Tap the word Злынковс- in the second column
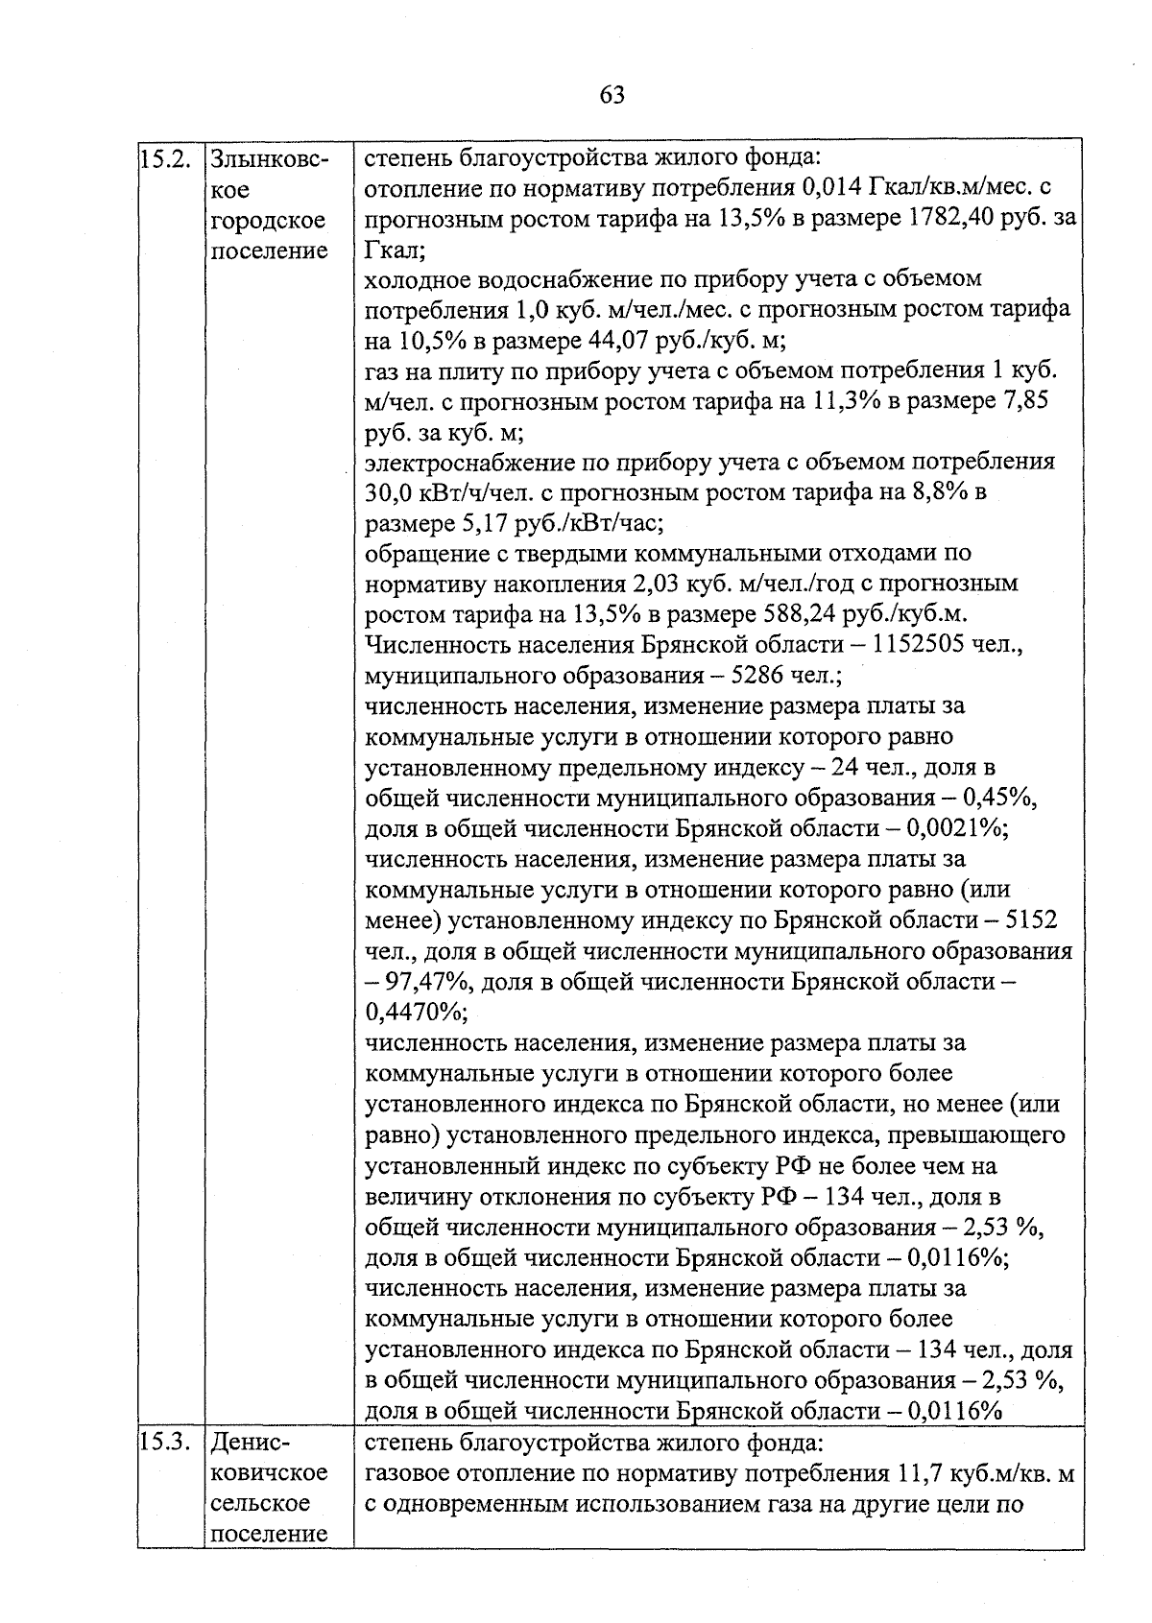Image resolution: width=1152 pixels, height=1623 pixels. pyautogui.click(x=269, y=158)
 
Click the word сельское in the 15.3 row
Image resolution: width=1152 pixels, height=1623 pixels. pyautogui.click(x=260, y=1503)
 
